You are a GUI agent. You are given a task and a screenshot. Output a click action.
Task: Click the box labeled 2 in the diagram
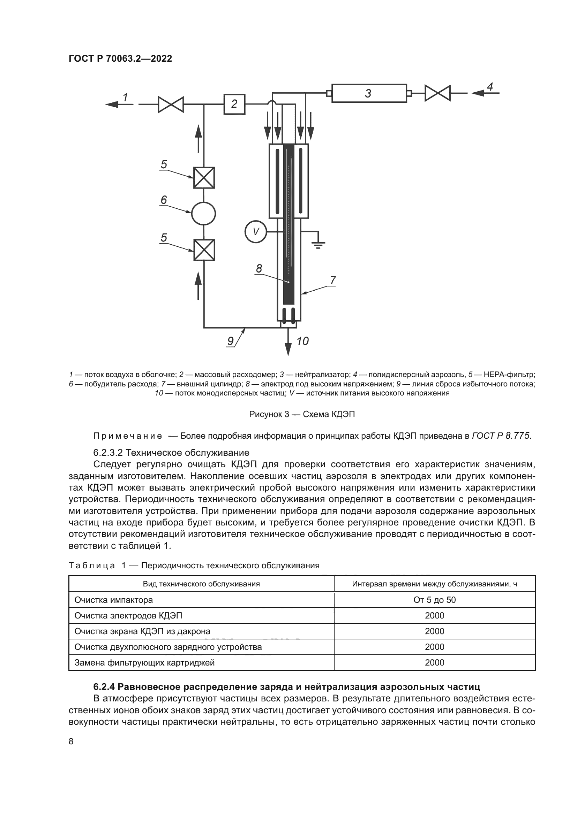point(234,104)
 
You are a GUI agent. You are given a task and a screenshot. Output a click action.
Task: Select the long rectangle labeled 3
point(369,93)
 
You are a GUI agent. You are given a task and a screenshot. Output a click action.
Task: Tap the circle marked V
point(256,232)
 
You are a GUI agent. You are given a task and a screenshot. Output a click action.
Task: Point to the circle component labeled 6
point(204,214)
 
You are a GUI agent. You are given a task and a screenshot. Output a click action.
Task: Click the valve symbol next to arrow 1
point(171,105)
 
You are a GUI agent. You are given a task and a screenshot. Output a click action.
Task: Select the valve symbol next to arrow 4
point(437,93)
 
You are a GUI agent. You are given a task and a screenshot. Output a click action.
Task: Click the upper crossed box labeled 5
point(204,178)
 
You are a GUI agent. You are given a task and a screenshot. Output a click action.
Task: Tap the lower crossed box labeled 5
point(204,250)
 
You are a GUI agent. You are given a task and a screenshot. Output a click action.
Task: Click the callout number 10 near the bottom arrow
point(302,341)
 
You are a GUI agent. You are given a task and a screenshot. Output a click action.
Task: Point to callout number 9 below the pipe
point(230,341)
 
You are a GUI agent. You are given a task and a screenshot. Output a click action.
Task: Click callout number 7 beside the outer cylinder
point(332,280)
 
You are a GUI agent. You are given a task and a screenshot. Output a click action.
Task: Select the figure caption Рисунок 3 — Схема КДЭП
point(302,414)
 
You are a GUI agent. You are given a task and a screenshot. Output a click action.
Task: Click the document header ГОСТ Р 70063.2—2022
point(120,59)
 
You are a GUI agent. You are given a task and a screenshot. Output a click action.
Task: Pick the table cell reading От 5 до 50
point(434,600)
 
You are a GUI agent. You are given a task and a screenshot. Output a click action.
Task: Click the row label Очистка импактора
point(113,600)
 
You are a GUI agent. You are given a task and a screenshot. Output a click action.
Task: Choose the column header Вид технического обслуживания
point(201,584)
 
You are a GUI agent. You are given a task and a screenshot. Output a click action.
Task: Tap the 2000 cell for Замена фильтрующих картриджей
point(434,663)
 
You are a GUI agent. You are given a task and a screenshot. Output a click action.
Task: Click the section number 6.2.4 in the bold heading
point(104,687)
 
